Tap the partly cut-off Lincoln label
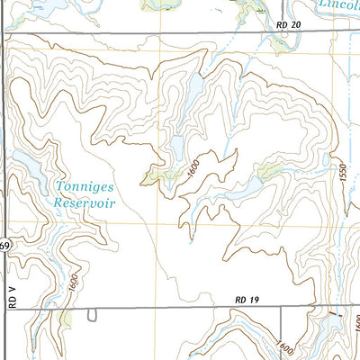(x=339, y=4)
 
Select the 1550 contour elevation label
(x=343, y=182)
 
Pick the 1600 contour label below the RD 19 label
(x=287, y=346)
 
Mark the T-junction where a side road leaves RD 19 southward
(x=282, y=308)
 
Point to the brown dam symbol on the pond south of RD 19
(x=334, y=314)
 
